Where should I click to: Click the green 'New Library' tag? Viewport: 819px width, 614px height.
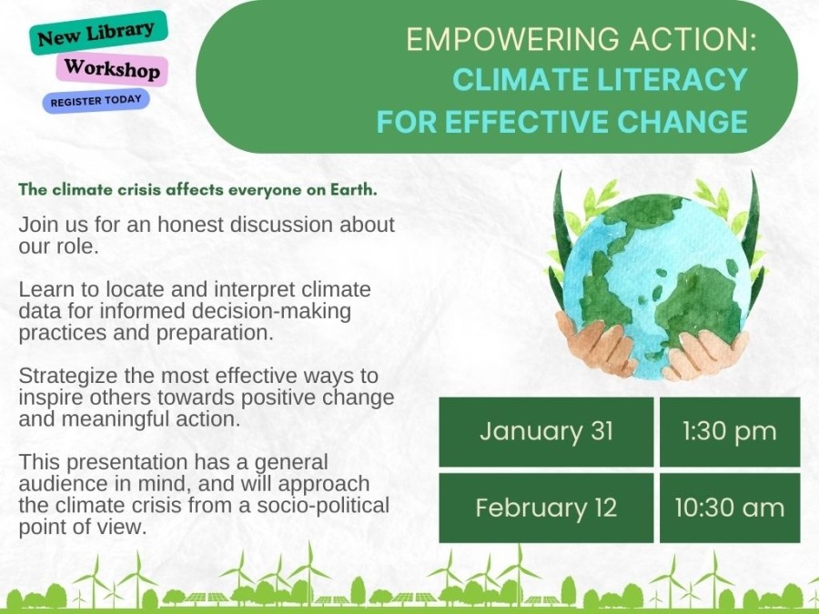point(97,33)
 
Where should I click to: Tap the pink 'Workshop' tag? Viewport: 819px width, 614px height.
point(112,69)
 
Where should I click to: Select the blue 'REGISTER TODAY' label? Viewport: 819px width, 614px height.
point(96,101)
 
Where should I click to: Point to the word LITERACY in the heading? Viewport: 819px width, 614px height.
point(672,80)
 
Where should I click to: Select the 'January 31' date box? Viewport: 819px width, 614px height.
point(546,431)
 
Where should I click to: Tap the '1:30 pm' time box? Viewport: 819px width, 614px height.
point(729,431)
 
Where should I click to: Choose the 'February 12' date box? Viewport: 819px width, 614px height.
point(546,507)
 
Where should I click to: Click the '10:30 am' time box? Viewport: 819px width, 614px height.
point(729,507)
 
